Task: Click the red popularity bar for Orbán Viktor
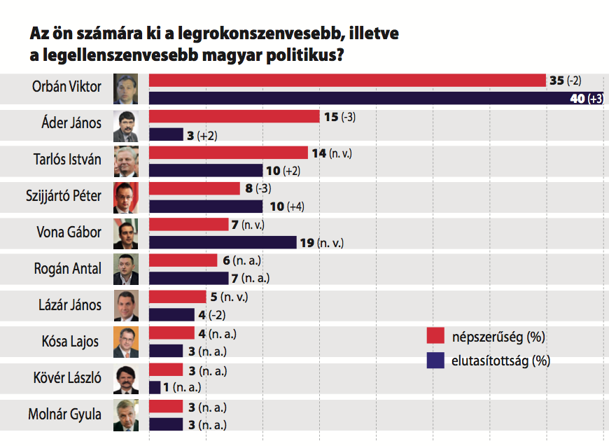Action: point(347,81)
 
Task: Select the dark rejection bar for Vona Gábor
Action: point(223,242)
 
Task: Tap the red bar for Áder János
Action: point(234,117)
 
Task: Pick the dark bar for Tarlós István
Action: point(206,170)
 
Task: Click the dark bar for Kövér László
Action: point(155,387)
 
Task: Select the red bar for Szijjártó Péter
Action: point(195,188)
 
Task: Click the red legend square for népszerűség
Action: point(436,337)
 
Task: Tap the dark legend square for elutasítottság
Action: point(436,361)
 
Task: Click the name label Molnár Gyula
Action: point(64,414)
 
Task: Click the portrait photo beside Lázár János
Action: point(126,305)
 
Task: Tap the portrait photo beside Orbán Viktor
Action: point(126,89)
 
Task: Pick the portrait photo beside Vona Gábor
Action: point(126,233)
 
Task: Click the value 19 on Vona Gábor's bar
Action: point(307,243)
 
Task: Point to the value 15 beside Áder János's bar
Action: point(330,117)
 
